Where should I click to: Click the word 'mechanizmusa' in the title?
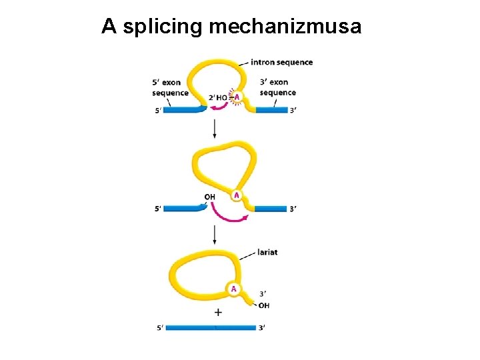coord(285,27)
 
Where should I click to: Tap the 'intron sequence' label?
coord(281,63)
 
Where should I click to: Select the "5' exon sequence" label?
coord(170,88)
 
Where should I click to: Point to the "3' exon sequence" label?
coord(277,88)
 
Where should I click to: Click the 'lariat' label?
coord(267,252)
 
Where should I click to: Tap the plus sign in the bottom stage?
coord(218,312)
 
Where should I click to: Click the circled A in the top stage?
coord(236,97)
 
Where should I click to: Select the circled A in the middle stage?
coord(237,195)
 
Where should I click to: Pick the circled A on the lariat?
coord(233,289)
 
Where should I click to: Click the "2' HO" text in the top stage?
coord(218,98)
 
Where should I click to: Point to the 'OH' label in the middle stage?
coord(209,197)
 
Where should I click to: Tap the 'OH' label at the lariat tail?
coord(264,305)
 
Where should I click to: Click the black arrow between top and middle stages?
coord(214,127)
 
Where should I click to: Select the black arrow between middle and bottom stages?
coord(214,233)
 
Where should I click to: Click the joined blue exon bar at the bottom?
coord(211,327)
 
